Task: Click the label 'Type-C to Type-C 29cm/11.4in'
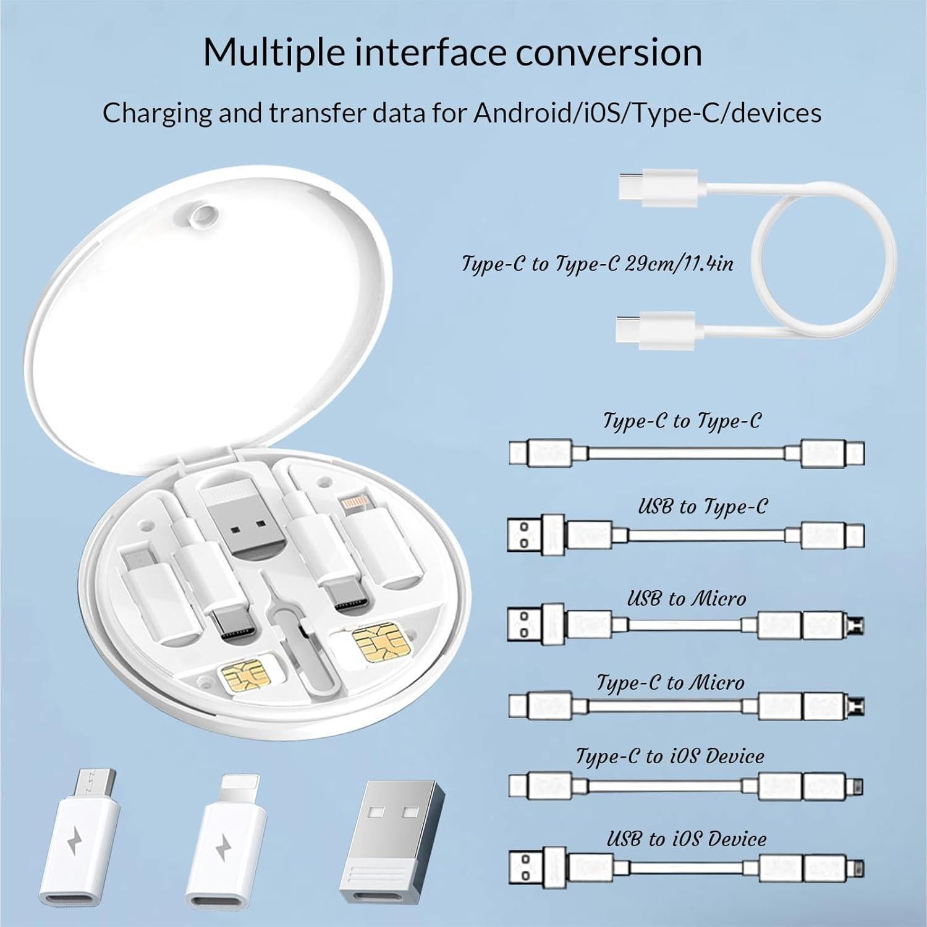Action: pos(598,264)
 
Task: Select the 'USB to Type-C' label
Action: pos(703,507)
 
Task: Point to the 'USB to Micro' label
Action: pos(687,598)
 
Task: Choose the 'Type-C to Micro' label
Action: pos(670,682)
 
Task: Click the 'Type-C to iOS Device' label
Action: pos(670,756)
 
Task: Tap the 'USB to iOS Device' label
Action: pos(686,839)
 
